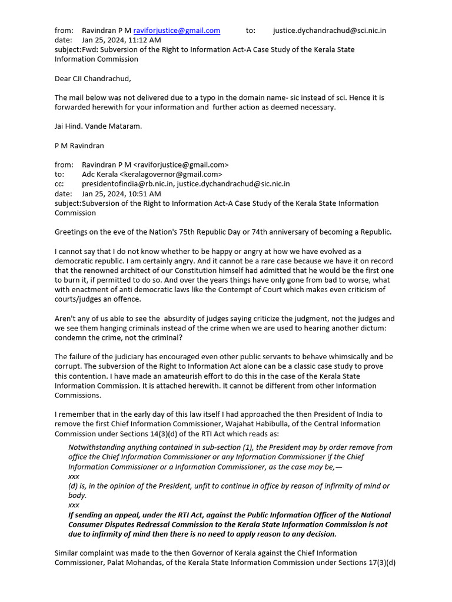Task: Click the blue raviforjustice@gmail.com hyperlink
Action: click(x=177, y=31)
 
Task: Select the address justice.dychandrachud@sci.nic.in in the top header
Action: click(x=330, y=31)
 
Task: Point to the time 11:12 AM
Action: click(x=133, y=40)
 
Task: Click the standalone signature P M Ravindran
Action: click(x=81, y=145)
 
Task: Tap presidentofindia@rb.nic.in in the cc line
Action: click(x=127, y=184)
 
